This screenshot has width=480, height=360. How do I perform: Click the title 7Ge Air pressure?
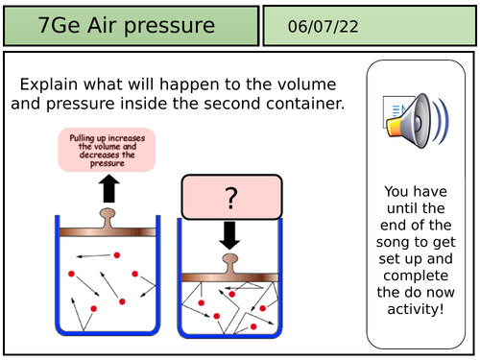tap(127, 26)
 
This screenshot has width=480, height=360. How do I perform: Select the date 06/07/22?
tap(323, 27)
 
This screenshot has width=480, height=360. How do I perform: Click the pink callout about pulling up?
tap(107, 152)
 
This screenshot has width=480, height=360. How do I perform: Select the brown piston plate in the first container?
tap(108, 231)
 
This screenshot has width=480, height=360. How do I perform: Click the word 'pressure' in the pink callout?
tap(107, 164)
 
